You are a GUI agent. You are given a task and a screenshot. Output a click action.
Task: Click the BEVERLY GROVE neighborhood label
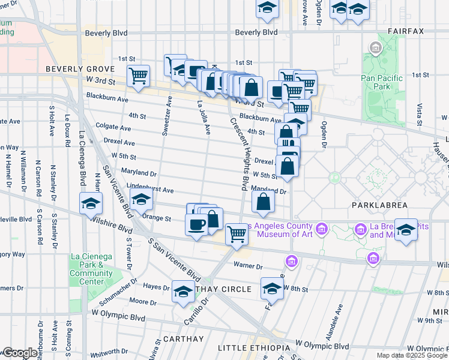click(x=73, y=69)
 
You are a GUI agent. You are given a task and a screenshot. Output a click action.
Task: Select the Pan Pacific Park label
click(x=385, y=82)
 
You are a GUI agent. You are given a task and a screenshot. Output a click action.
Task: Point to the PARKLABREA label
click(x=379, y=205)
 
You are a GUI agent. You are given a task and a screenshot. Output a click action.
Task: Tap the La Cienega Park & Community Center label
click(x=91, y=265)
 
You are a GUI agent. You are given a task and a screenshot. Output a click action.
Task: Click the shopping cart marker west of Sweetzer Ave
click(x=139, y=76)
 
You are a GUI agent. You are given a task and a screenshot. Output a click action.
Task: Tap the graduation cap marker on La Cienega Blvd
click(x=91, y=204)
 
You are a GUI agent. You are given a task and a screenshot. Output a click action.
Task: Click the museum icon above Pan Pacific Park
click(x=376, y=47)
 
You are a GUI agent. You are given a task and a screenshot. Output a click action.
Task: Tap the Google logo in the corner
click(x=19, y=353)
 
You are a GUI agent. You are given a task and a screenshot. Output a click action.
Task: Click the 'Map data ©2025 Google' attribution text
click(x=411, y=355)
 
